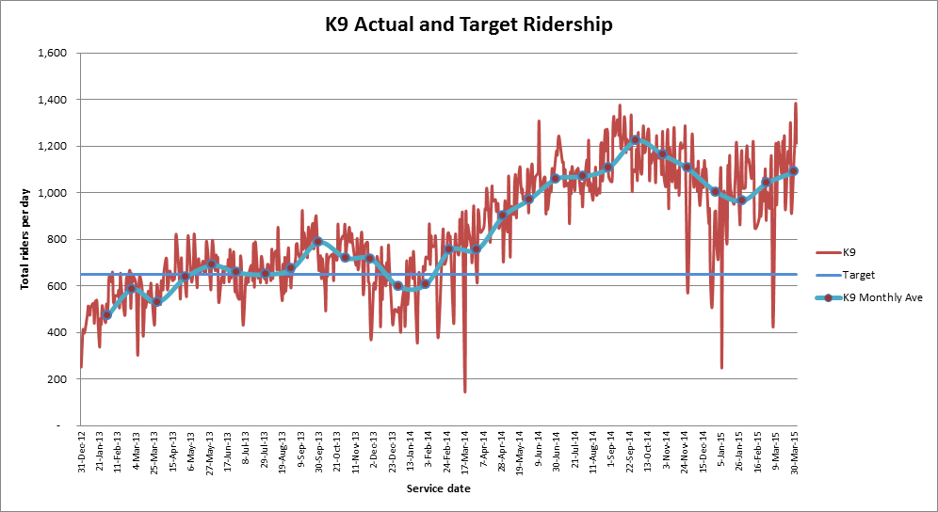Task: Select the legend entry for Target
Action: coord(860,275)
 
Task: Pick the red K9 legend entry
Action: coord(849,252)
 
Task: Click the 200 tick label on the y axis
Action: coord(56,379)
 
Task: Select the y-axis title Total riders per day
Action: coord(25,239)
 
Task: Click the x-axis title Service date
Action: coord(438,488)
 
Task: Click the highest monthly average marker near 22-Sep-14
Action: coord(635,139)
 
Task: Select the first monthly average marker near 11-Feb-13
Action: coord(107,315)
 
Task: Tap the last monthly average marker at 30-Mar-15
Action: coord(794,170)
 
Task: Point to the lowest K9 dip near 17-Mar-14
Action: coord(465,391)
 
